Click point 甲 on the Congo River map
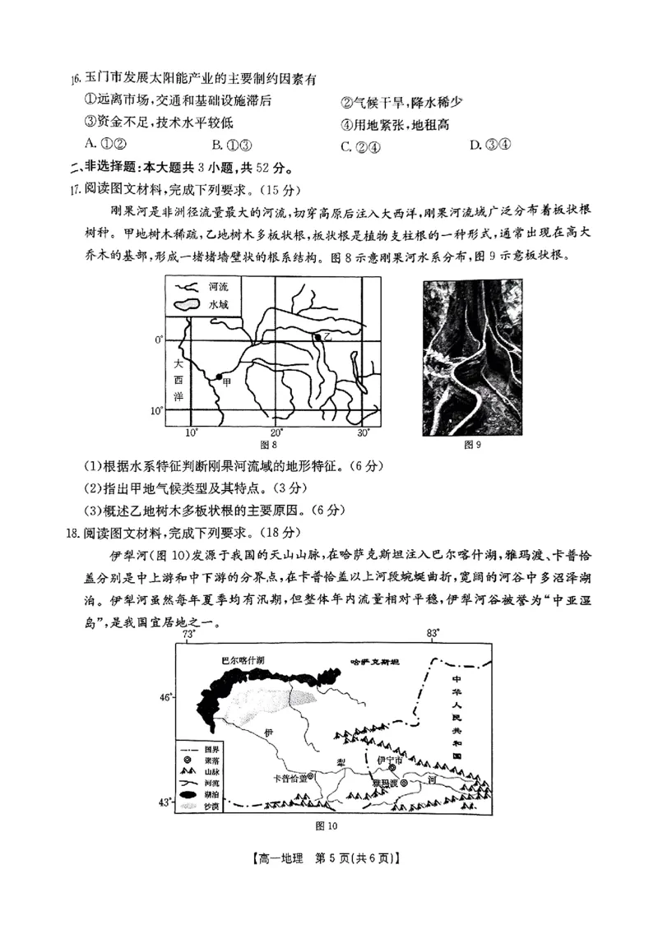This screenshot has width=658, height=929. point(219,377)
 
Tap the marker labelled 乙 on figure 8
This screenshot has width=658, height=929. point(317,337)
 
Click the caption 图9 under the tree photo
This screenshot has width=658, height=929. point(472,445)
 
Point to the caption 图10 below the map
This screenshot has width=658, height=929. point(327,826)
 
